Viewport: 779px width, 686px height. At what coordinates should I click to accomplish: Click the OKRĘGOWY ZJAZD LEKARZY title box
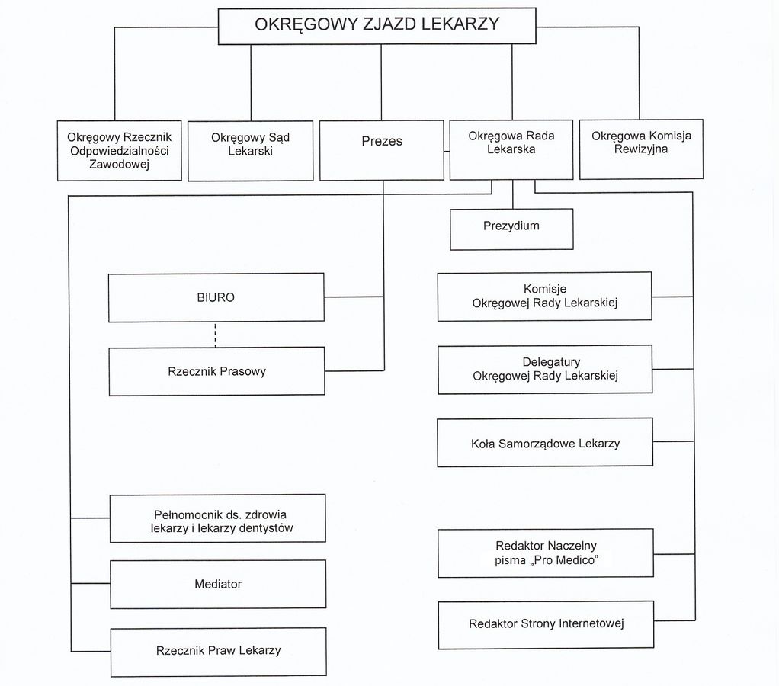pyautogui.click(x=377, y=26)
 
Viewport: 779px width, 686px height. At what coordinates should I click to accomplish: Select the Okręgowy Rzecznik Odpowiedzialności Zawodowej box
pyautogui.click(x=120, y=150)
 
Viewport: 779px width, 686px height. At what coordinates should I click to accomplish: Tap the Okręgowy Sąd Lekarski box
pyautogui.click(x=250, y=150)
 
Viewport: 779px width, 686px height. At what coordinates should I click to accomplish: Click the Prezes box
pyautogui.click(x=381, y=150)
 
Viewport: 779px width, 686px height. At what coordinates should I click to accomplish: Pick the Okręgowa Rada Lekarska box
pyautogui.click(x=511, y=149)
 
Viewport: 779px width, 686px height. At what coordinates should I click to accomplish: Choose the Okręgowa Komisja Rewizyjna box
pyautogui.click(x=641, y=149)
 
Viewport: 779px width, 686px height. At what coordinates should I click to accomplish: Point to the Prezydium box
pyautogui.click(x=511, y=229)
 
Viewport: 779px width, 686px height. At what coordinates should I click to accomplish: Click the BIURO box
pyautogui.click(x=216, y=297)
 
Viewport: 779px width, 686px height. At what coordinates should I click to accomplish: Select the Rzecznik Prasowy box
pyautogui.click(x=216, y=371)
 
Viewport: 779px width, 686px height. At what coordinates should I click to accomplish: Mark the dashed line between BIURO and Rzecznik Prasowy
pyautogui.click(x=216, y=335)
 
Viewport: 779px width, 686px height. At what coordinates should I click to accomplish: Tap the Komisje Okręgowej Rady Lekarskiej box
pyautogui.click(x=544, y=296)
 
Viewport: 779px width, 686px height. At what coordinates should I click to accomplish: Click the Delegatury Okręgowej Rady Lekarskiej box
pyautogui.click(x=545, y=369)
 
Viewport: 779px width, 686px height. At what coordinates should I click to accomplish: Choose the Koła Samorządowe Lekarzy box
pyautogui.click(x=545, y=442)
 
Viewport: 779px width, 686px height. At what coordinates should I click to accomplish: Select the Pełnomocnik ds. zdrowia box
pyautogui.click(x=217, y=518)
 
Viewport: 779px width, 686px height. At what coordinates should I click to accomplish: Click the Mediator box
pyautogui.click(x=218, y=584)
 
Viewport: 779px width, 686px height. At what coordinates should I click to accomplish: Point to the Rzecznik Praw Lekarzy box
pyautogui.click(x=218, y=651)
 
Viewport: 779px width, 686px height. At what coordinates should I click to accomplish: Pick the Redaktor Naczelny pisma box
pyautogui.click(x=546, y=553)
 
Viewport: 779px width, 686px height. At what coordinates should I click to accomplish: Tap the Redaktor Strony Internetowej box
pyautogui.click(x=546, y=624)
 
